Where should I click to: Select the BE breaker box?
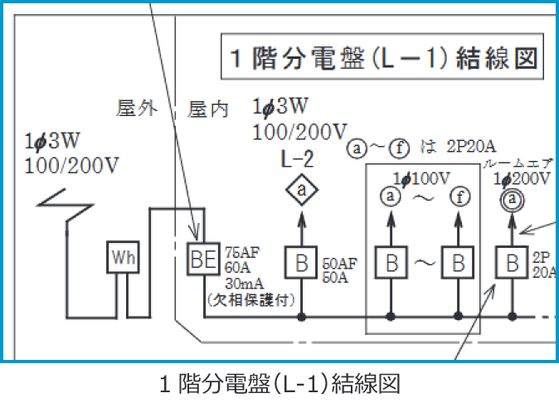203,260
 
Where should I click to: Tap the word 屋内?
208,109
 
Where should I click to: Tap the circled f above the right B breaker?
457,197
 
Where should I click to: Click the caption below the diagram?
279,384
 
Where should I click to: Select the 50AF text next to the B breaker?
338,263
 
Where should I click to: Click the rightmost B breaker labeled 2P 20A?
513,263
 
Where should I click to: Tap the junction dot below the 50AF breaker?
302,317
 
